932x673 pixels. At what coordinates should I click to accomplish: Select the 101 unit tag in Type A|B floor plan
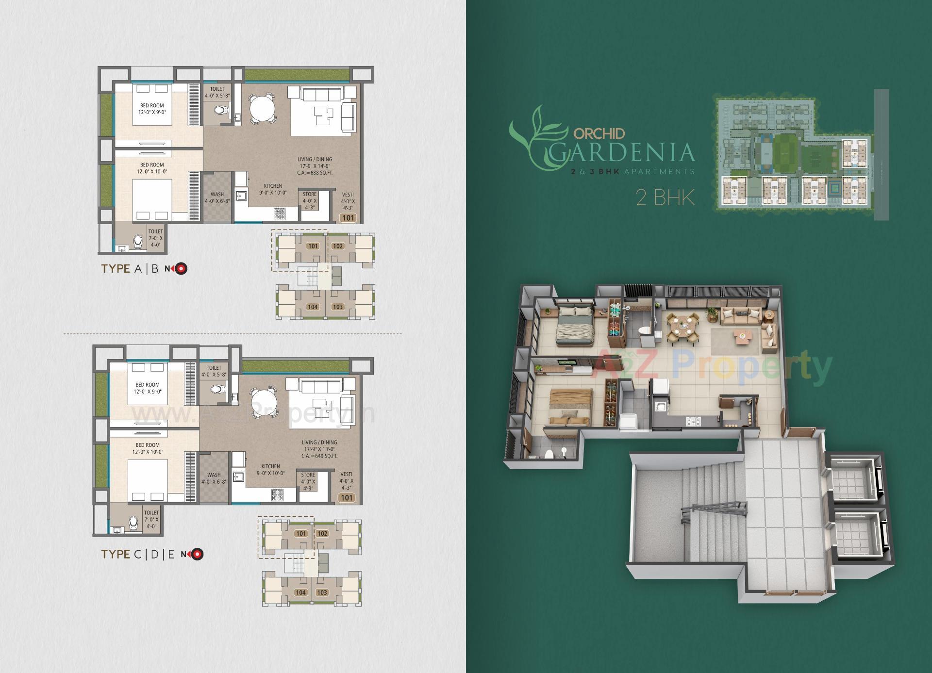(x=348, y=218)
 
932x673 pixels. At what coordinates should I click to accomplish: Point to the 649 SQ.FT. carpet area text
(x=319, y=456)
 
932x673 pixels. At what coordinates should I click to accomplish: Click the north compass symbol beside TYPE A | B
(x=181, y=268)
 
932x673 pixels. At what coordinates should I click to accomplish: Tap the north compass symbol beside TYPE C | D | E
(x=197, y=554)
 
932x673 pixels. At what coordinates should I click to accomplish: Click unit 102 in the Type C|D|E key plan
(x=322, y=533)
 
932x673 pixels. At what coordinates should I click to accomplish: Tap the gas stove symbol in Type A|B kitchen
(x=280, y=212)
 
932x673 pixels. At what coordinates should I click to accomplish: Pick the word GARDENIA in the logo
(x=623, y=152)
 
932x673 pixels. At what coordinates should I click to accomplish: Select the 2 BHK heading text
(x=665, y=197)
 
